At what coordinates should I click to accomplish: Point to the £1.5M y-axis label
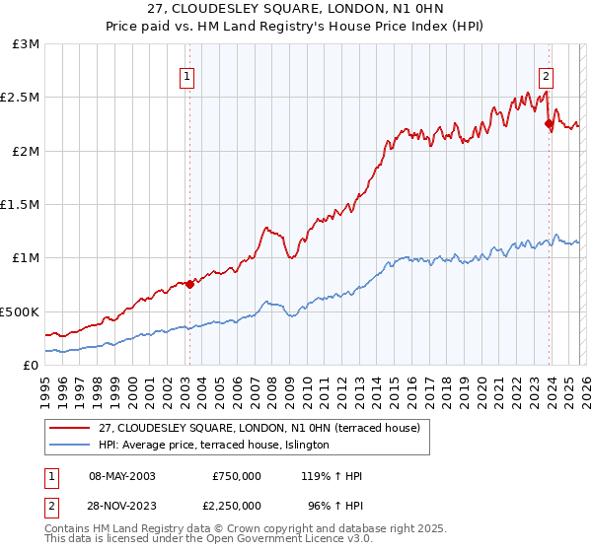[x=20, y=205]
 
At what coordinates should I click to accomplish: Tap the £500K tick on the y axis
[x=20, y=311]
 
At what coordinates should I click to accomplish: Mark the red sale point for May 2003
[x=189, y=285]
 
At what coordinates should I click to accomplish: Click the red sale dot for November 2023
[x=549, y=124]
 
